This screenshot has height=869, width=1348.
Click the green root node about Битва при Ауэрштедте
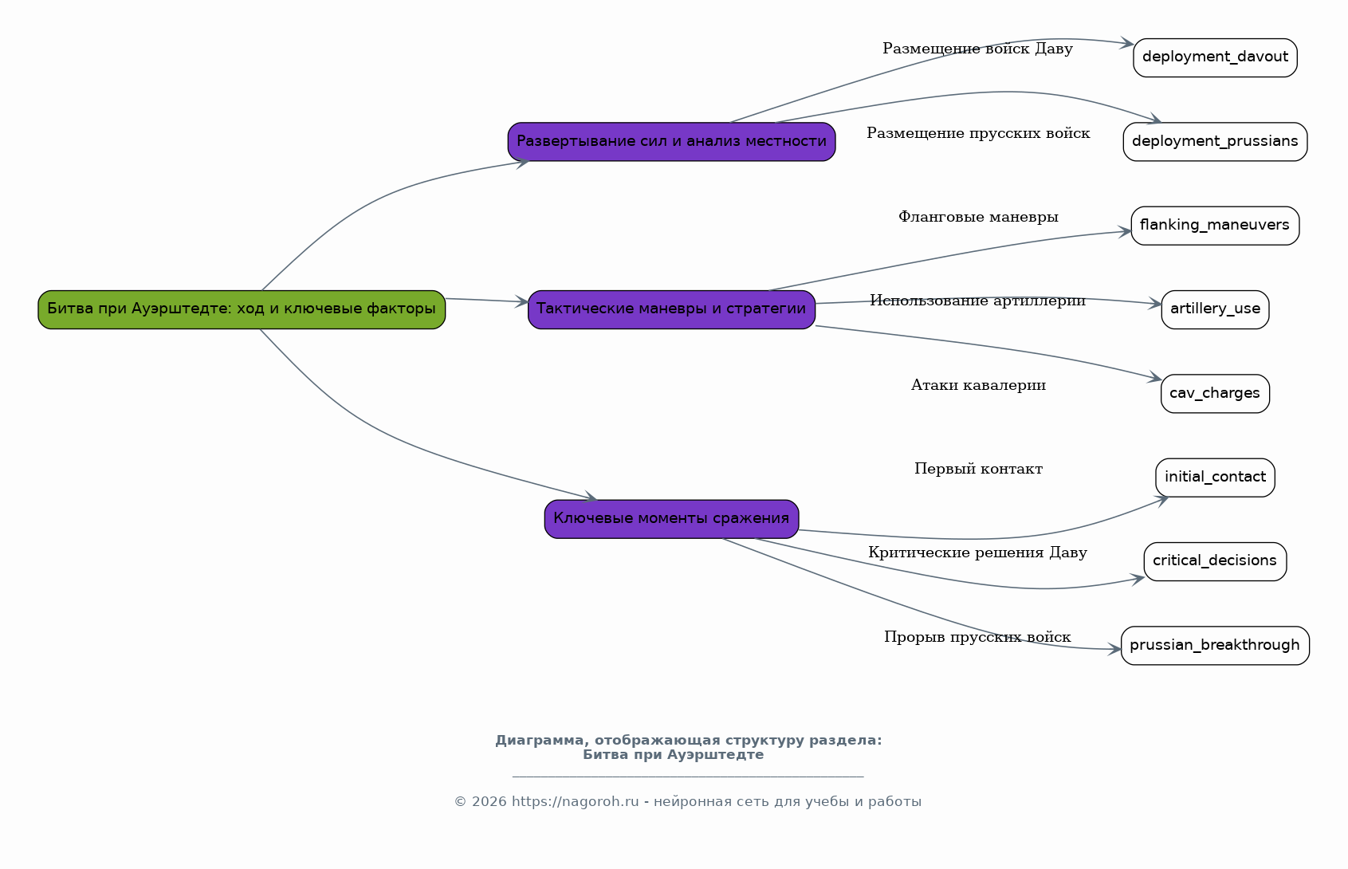pyautogui.click(x=242, y=309)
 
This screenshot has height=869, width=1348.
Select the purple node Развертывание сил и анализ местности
pyautogui.click(x=671, y=141)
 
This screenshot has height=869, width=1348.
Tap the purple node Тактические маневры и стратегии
pyautogui.click(x=671, y=309)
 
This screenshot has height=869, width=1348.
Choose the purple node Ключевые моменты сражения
pyautogui.click(x=671, y=519)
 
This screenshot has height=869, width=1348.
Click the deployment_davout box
pyautogui.click(x=1215, y=57)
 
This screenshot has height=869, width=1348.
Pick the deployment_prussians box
pyautogui.click(x=1215, y=141)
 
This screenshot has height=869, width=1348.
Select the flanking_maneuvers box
pyautogui.click(x=1215, y=226)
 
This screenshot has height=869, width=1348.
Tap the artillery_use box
pyautogui.click(x=1215, y=309)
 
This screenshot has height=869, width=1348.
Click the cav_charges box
pyautogui.click(x=1215, y=394)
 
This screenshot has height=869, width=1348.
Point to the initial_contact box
pyautogui.click(x=1215, y=478)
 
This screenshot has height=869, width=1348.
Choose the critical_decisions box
pyautogui.click(x=1215, y=561)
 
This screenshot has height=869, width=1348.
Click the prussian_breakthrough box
pyautogui.click(x=1215, y=645)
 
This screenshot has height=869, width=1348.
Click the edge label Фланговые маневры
pyautogui.click(x=978, y=217)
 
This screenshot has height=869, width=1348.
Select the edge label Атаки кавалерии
pyautogui.click(x=978, y=385)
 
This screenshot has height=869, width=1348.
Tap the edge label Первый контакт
pyautogui.click(x=978, y=469)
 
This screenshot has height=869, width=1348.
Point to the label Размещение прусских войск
pyautogui.click(x=978, y=133)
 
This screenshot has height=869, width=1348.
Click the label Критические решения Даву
pyautogui.click(x=977, y=552)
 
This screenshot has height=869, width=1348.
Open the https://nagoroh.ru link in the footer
pyautogui.click(x=575, y=801)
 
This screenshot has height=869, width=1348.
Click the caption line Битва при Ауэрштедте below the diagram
pyautogui.click(x=673, y=755)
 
